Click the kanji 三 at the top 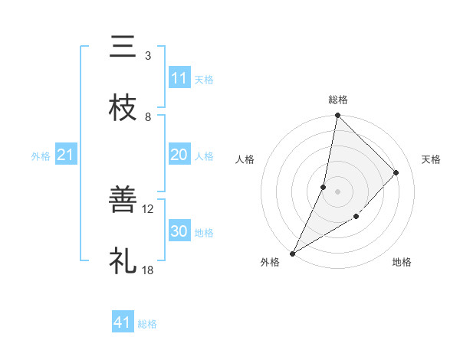tap(123, 47)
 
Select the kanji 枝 tap(123, 108)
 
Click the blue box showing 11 tap(179, 78)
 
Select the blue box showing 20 tap(179, 155)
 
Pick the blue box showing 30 tap(179, 231)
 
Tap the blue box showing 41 tap(123, 322)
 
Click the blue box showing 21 tap(66, 155)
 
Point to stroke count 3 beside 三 tap(148, 56)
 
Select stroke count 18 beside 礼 tap(148, 270)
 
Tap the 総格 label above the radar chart tap(338, 100)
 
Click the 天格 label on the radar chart tap(431, 159)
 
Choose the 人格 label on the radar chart tap(245, 159)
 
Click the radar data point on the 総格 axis tap(337, 116)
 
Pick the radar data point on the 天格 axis tap(396, 172)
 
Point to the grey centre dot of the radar tap(337, 191)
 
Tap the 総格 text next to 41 tap(147, 323)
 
